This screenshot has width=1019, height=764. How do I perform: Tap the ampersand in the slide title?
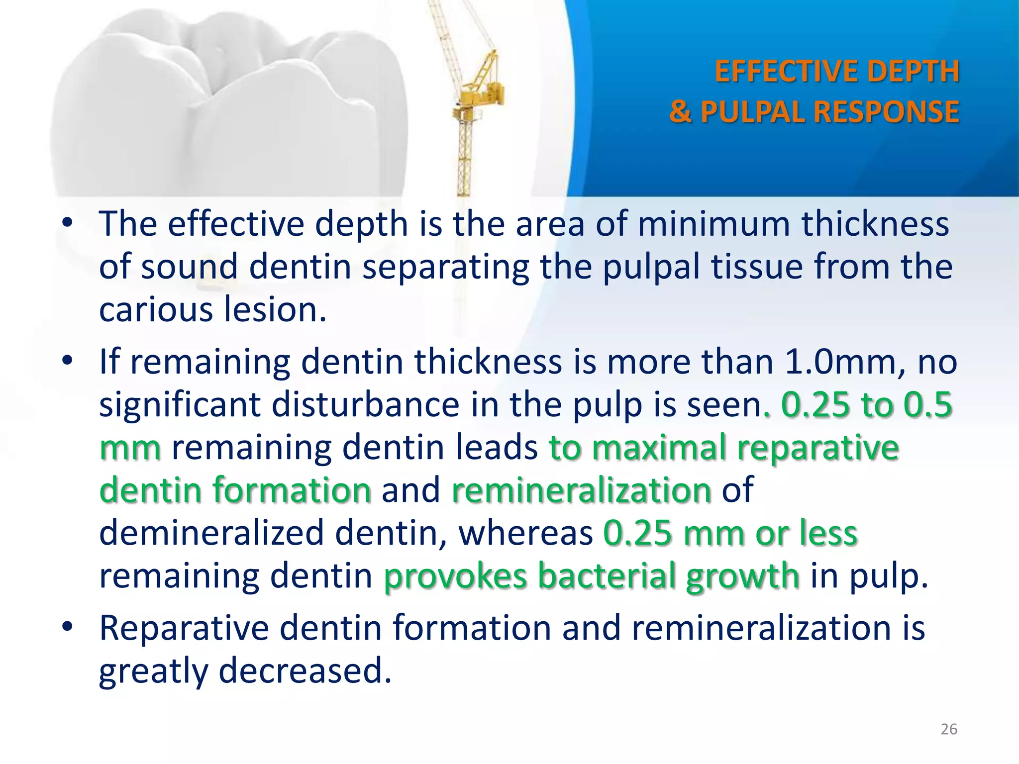click(680, 111)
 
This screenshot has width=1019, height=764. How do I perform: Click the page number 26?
click(949, 729)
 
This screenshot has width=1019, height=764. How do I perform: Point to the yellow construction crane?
click(473, 99)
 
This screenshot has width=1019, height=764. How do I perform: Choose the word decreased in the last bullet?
click(305, 671)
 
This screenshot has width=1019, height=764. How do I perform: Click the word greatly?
click(153, 671)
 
